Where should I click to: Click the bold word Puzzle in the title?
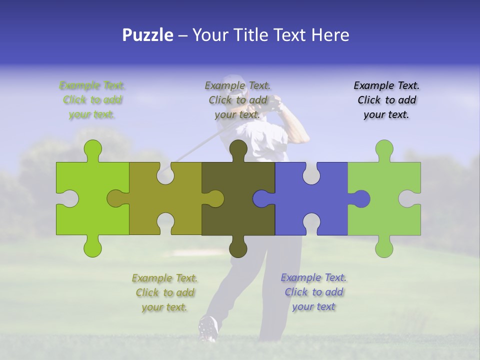[147, 35]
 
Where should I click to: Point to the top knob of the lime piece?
[93, 149]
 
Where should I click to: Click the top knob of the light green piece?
[384, 149]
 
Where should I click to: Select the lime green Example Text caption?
[92, 100]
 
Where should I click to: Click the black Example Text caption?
[386, 100]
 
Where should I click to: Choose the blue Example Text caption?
[313, 292]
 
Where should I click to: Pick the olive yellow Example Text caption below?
[164, 292]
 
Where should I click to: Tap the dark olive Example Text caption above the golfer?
[237, 100]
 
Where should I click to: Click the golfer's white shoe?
[208, 327]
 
